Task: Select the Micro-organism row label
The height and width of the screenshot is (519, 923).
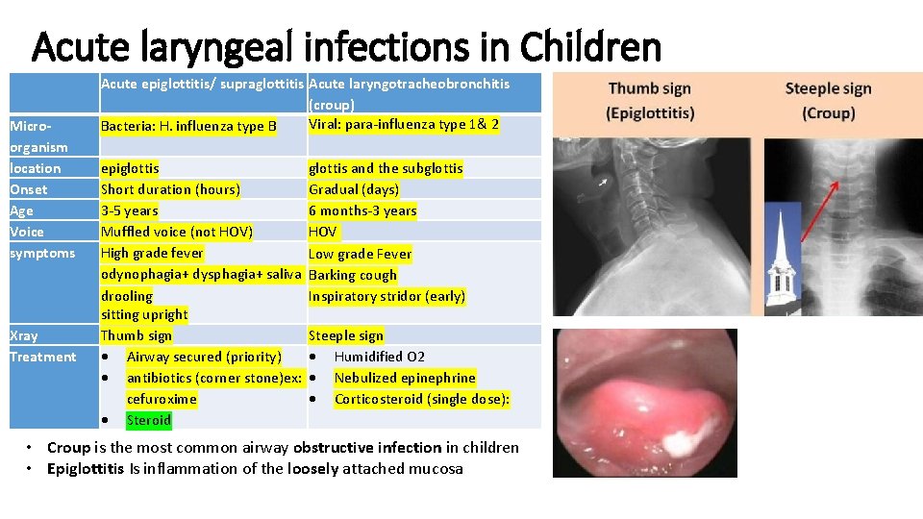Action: (38, 136)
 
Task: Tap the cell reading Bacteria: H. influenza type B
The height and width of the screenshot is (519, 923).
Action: (188, 126)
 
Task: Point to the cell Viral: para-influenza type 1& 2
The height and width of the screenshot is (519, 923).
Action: (403, 124)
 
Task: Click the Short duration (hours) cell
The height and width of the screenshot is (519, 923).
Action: (170, 189)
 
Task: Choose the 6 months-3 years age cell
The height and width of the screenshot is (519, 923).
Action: (362, 210)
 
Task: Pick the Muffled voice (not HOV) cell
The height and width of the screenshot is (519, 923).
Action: (177, 232)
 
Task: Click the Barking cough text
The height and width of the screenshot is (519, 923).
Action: (353, 275)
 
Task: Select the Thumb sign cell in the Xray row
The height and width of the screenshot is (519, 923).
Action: (137, 335)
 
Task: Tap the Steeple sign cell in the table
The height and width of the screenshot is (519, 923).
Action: (346, 335)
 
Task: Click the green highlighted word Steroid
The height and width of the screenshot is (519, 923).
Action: (148, 420)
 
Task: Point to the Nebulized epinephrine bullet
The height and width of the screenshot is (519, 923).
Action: (404, 378)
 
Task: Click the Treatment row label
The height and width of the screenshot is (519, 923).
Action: (42, 357)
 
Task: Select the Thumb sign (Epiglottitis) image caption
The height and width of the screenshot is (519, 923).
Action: (650, 101)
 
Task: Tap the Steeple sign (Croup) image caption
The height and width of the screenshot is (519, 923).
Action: (828, 101)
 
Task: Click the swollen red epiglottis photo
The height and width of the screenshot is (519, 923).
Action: (644, 404)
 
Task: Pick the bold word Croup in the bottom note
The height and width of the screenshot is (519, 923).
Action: (68, 447)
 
